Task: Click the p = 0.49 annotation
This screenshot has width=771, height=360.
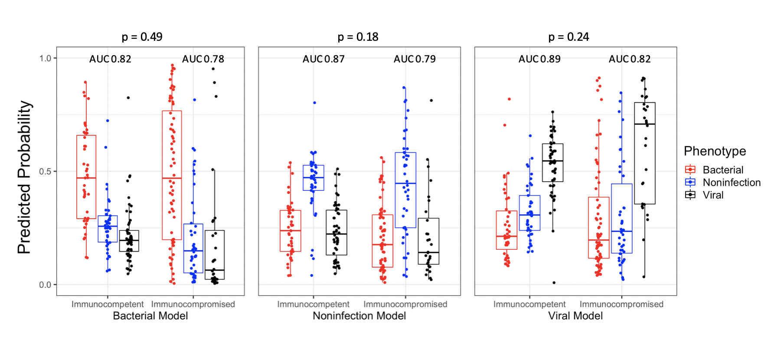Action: [x=142, y=37]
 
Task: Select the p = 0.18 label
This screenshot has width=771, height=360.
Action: [x=358, y=37]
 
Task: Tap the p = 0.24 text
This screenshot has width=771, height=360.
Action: [x=568, y=37]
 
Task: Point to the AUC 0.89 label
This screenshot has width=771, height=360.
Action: [x=539, y=59]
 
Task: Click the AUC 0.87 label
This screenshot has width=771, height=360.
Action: [x=323, y=59]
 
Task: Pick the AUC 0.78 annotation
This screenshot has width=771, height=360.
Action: [x=203, y=59]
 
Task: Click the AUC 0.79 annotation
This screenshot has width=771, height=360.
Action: [x=415, y=59]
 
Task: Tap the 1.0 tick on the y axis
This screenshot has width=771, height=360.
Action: [x=45, y=59]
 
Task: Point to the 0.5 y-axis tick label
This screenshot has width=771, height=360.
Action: [x=45, y=172]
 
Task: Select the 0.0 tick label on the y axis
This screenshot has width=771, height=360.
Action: [x=45, y=285]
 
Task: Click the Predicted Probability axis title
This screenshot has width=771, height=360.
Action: [x=25, y=177]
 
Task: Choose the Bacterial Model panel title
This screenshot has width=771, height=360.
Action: [x=150, y=316]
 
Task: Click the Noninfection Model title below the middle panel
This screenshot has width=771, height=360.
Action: [x=359, y=316]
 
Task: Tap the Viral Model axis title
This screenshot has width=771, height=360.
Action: [x=575, y=316]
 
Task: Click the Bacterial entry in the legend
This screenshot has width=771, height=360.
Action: [x=722, y=170]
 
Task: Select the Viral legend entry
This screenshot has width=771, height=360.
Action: [x=713, y=195]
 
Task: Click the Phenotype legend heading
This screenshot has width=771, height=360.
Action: [x=715, y=151]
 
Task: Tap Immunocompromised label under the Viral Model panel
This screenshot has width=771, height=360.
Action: [x=621, y=304]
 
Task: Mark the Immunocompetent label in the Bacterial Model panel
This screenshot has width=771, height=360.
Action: [x=108, y=304]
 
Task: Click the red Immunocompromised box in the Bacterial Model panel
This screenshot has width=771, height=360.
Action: [x=172, y=175]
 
